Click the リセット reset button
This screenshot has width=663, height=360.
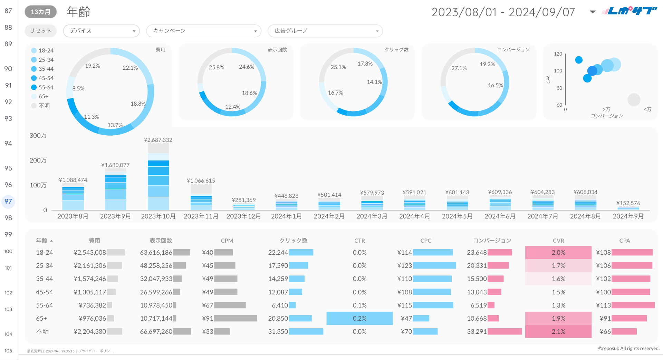[40, 31]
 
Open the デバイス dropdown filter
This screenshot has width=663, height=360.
[101, 31]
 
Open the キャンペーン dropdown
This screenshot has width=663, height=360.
[203, 31]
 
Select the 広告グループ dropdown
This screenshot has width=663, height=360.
[325, 31]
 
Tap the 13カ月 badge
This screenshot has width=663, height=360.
[40, 12]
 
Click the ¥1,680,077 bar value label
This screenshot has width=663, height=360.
[115, 165]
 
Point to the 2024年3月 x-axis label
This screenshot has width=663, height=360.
[372, 216]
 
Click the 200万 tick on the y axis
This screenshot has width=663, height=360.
[38, 160]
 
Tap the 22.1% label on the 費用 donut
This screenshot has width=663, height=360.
[130, 68]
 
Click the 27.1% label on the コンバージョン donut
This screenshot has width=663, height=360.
[459, 68]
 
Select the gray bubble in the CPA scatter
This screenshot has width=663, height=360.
[634, 100]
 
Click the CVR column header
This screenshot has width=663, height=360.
[558, 241]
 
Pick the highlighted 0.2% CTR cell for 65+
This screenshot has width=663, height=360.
[359, 318]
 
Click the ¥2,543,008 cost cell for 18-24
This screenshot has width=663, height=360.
[90, 252]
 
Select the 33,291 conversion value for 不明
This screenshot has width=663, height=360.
[477, 331]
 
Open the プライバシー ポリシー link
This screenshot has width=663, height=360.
[96, 351]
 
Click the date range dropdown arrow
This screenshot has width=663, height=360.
[593, 12]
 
